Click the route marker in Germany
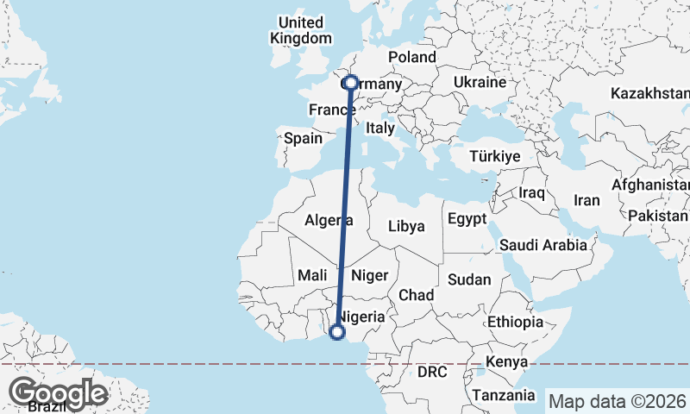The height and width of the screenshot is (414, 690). pyautogui.click(x=350, y=84)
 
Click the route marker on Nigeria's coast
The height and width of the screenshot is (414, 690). pyautogui.click(x=337, y=331)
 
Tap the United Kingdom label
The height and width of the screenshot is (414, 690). pyautogui.click(x=300, y=30)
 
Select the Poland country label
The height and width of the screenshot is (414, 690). pyautogui.click(x=412, y=57)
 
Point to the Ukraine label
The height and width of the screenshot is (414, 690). pyautogui.click(x=479, y=83)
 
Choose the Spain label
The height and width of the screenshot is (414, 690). pyautogui.click(x=303, y=138)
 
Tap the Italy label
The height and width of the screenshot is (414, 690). pyautogui.click(x=379, y=128)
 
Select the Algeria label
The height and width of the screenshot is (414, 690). pyautogui.click(x=329, y=221)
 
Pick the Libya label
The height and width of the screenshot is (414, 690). pyautogui.click(x=406, y=226)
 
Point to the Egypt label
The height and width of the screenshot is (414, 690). pyautogui.click(x=468, y=219)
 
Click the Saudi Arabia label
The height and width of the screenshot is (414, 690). pyautogui.click(x=543, y=246)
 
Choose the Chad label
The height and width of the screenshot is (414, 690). pyautogui.click(x=416, y=295)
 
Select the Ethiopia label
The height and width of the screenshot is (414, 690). pyautogui.click(x=515, y=322)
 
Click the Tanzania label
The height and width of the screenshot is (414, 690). pyautogui.click(x=504, y=395)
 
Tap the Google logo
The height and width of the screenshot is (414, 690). pyautogui.click(x=58, y=393)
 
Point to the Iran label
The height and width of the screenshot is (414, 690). pyautogui.click(x=586, y=200)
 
